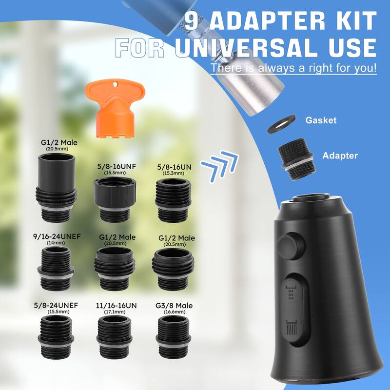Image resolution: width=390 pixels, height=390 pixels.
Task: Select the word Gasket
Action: (321, 120)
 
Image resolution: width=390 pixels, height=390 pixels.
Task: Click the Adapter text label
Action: (340, 156)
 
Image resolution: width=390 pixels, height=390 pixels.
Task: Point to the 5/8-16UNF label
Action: (117, 166)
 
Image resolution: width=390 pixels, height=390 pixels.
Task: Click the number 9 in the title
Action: (194, 20)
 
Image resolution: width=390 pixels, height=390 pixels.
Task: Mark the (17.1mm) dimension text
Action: (116, 312)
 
